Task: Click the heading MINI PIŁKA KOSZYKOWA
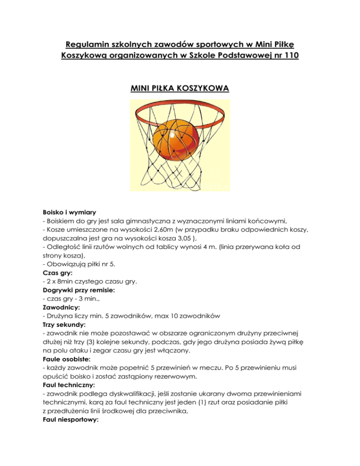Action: click(180, 87)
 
